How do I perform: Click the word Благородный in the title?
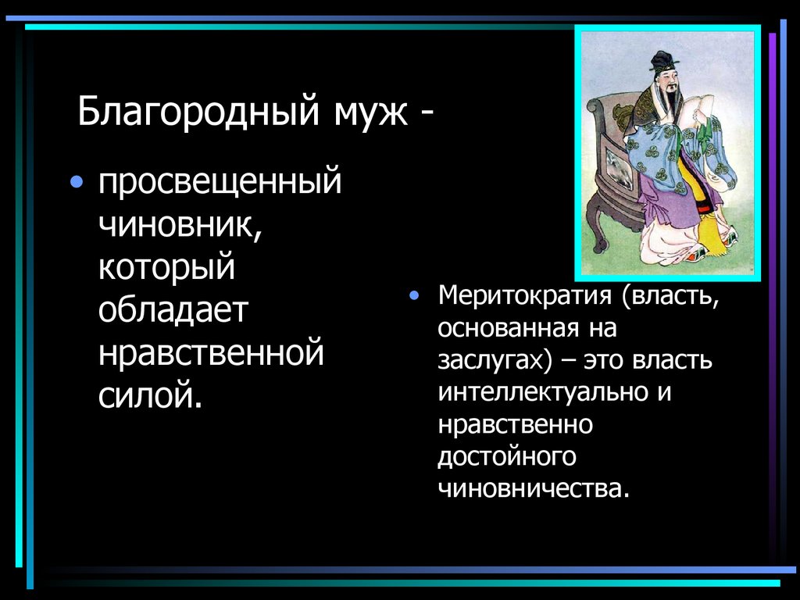click(x=198, y=111)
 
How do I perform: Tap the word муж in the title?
click(x=371, y=113)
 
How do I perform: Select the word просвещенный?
click(x=220, y=181)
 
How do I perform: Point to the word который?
click(x=166, y=267)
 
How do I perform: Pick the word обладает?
click(x=173, y=309)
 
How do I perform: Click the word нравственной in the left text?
click(x=211, y=352)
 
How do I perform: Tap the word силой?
click(x=151, y=394)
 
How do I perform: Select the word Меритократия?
click(x=525, y=296)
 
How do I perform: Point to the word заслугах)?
click(x=495, y=361)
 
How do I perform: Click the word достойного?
click(x=506, y=456)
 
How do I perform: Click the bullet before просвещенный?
click(x=77, y=181)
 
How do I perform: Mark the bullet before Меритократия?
click(x=414, y=295)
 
